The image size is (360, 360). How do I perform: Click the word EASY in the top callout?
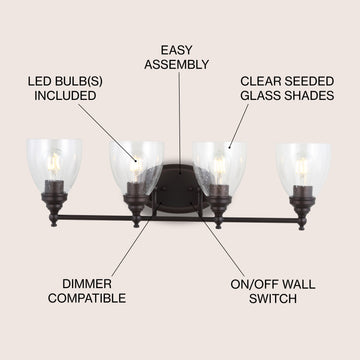pyautogui.click(x=177, y=50)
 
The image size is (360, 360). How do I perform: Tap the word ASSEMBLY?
pyautogui.click(x=177, y=64)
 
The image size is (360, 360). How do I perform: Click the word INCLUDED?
pyautogui.click(x=65, y=96)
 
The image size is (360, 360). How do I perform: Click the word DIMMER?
pyautogui.click(x=87, y=284)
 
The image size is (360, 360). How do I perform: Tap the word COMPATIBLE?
pyautogui.click(x=87, y=298)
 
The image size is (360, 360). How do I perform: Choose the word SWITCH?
pyautogui.click(x=273, y=299)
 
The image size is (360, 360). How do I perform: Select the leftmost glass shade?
pyautogui.click(x=54, y=165)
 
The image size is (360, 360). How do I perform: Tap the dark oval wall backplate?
pyautogui.click(x=178, y=188)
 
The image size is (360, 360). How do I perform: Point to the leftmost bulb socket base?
pyautogui.click(x=54, y=197)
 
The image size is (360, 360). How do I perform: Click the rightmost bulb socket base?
pyautogui.click(x=302, y=201)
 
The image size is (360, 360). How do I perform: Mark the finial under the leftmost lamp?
pyautogui.click(x=53, y=220)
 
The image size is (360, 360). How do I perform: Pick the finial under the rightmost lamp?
pyautogui.click(x=302, y=224)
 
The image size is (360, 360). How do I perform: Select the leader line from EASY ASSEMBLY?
pyautogui.click(x=180, y=122)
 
